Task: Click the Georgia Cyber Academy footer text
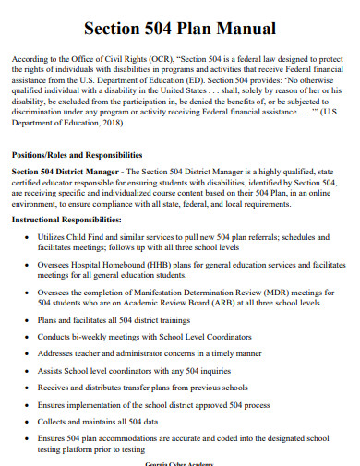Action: [179, 462]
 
